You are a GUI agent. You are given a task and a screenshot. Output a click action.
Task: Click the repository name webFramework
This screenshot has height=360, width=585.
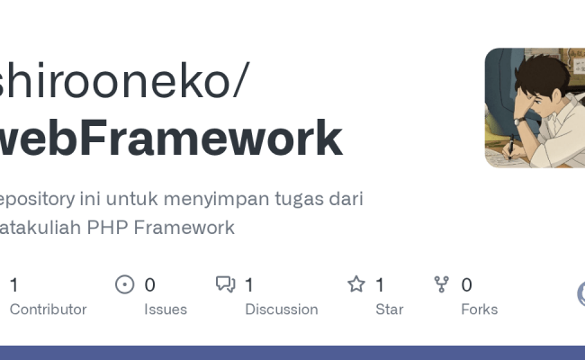coord(171,139)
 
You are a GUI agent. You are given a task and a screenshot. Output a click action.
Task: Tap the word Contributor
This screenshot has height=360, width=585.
coord(48,309)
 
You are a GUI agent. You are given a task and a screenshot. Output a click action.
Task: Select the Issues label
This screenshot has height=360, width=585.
coord(166,309)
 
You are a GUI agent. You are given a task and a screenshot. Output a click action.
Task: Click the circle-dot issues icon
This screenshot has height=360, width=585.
coord(125,285)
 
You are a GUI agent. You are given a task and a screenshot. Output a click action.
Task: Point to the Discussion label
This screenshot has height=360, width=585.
coord(282,309)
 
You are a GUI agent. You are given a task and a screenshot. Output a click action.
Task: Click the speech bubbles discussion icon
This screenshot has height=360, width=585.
coord(226,285)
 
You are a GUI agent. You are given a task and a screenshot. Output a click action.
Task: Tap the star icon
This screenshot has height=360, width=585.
coord(356,285)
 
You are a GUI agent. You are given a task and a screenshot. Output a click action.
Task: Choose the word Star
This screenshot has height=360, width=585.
coord(390,309)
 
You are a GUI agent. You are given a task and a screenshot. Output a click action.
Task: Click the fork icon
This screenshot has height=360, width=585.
coord(441,285)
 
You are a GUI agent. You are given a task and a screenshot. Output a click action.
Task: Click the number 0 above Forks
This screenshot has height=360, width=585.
coord(466,285)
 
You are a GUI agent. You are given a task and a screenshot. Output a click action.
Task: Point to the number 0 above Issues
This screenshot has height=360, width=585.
coord(149,285)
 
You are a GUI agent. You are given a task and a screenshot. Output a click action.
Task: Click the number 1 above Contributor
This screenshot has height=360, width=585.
coord(13,285)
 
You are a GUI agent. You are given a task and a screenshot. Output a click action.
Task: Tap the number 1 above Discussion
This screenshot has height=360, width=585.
coord(249,285)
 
